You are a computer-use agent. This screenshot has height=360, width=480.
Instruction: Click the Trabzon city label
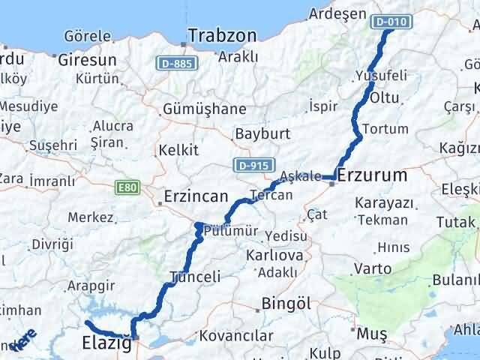[222, 35]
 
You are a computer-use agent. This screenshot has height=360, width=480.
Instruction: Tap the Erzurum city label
[372, 175]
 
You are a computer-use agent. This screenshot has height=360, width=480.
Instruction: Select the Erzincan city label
[196, 196]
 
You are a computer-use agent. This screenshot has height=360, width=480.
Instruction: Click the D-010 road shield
[391, 22]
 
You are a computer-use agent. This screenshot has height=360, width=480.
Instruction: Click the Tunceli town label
[196, 276]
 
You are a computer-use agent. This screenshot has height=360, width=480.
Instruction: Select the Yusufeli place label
[381, 76]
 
